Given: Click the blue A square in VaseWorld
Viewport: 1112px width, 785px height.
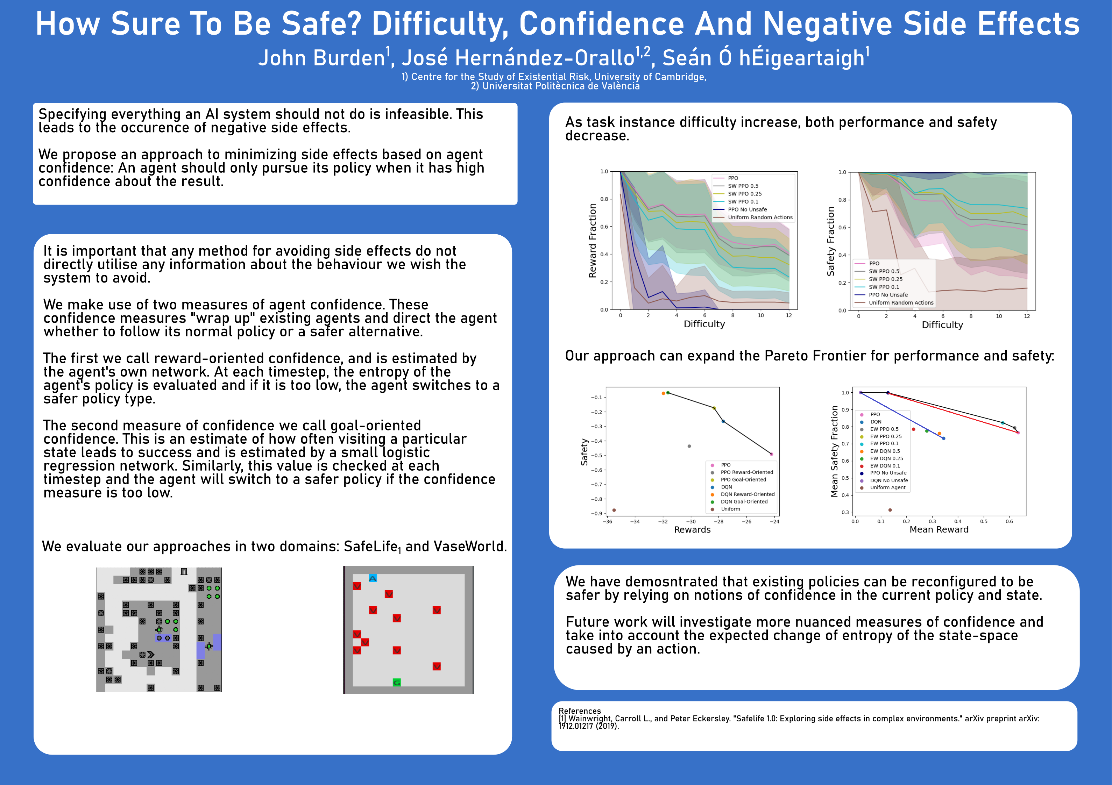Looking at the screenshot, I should (x=373, y=578).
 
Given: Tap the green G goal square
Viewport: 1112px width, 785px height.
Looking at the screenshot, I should (x=397, y=682).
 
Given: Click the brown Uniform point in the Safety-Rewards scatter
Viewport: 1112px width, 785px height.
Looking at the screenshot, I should (x=614, y=510).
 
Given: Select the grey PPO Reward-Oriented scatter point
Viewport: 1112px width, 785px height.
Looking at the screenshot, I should (x=689, y=446).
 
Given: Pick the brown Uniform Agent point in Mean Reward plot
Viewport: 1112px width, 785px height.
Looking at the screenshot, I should (x=890, y=510).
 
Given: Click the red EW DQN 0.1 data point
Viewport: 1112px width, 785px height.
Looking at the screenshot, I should (x=913, y=429).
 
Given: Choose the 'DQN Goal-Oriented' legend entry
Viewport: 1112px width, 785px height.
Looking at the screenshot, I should (x=744, y=502).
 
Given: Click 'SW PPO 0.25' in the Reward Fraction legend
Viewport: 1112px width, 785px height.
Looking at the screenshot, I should (x=744, y=194).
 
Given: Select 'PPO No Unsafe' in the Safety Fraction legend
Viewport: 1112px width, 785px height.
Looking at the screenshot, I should (x=888, y=295).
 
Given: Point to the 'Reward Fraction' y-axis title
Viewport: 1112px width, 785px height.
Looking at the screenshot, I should (x=592, y=240).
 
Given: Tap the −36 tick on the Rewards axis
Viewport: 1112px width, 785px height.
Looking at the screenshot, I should (x=607, y=522).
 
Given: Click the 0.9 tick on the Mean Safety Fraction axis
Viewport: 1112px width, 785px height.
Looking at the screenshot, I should (x=845, y=410).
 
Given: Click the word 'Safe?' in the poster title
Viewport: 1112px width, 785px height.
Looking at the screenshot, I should (x=321, y=24).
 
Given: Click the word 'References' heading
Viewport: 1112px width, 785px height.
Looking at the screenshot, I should (x=580, y=711).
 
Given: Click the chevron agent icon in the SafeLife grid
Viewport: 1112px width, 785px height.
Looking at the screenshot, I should (x=151, y=655).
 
